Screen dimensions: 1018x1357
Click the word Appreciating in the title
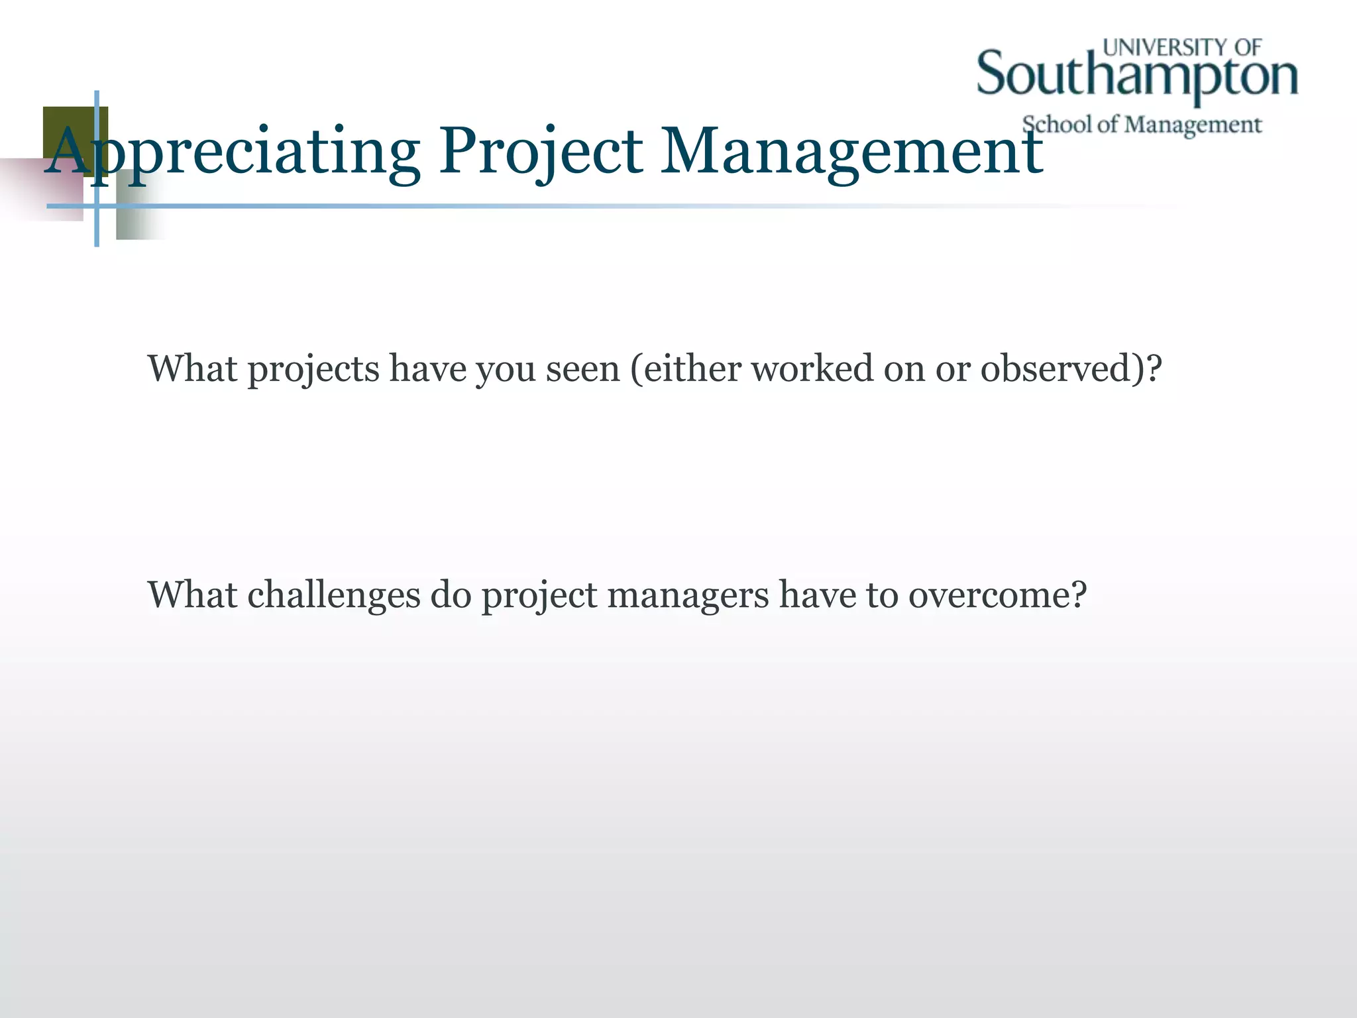tap(232, 152)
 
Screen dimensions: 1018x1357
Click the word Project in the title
tap(540, 152)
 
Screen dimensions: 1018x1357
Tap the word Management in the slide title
tap(851, 152)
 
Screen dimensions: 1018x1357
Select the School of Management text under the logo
tap(1142, 125)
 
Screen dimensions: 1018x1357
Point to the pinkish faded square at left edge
tap(40, 192)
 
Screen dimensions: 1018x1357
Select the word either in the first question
tap(692, 368)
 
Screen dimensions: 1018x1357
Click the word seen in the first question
tap(582, 368)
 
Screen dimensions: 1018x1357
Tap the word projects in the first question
tap(313, 368)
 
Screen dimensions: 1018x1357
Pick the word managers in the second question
tap(687, 594)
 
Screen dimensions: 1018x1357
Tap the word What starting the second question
tap(192, 594)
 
